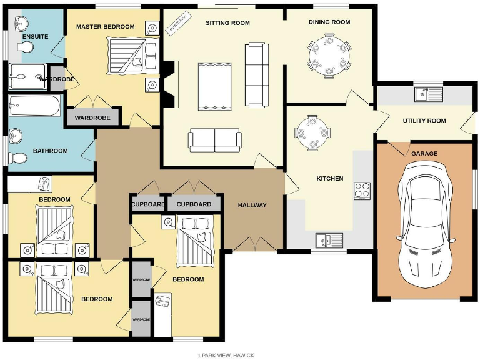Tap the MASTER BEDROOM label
(105, 27)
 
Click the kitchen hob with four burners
(362, 190)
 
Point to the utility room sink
(428, 94)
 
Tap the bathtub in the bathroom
(35, 106)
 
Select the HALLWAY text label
(252, 205)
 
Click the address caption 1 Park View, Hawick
(226, 355)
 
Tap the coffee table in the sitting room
(214, 86)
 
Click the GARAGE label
(424, 154)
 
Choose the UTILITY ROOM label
(424, 121)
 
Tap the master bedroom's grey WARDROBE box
(92, 117)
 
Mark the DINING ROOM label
(329, 22)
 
